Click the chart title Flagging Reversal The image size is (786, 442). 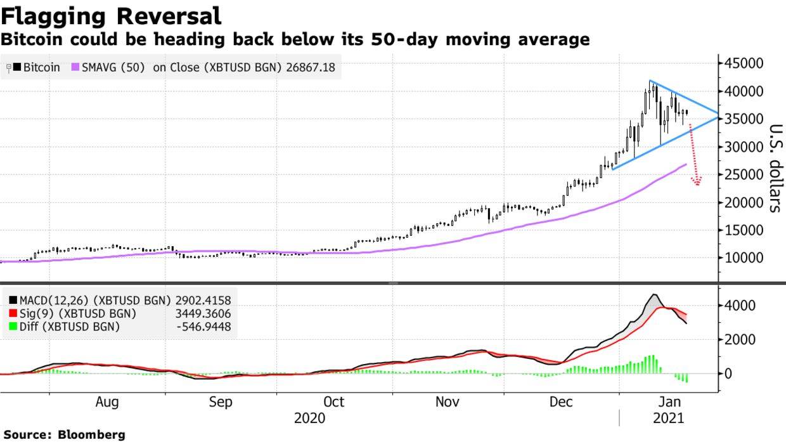coord(111,15)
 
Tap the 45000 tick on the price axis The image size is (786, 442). coord(744,63)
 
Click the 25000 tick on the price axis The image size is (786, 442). coord(744,175)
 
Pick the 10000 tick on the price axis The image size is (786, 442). coord(744,259)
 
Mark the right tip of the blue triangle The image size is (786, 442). coord(718,115)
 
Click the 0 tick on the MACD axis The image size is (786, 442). coord(730,374)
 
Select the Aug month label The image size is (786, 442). coord(107,402)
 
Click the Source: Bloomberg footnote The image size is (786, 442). coord(63,435)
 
